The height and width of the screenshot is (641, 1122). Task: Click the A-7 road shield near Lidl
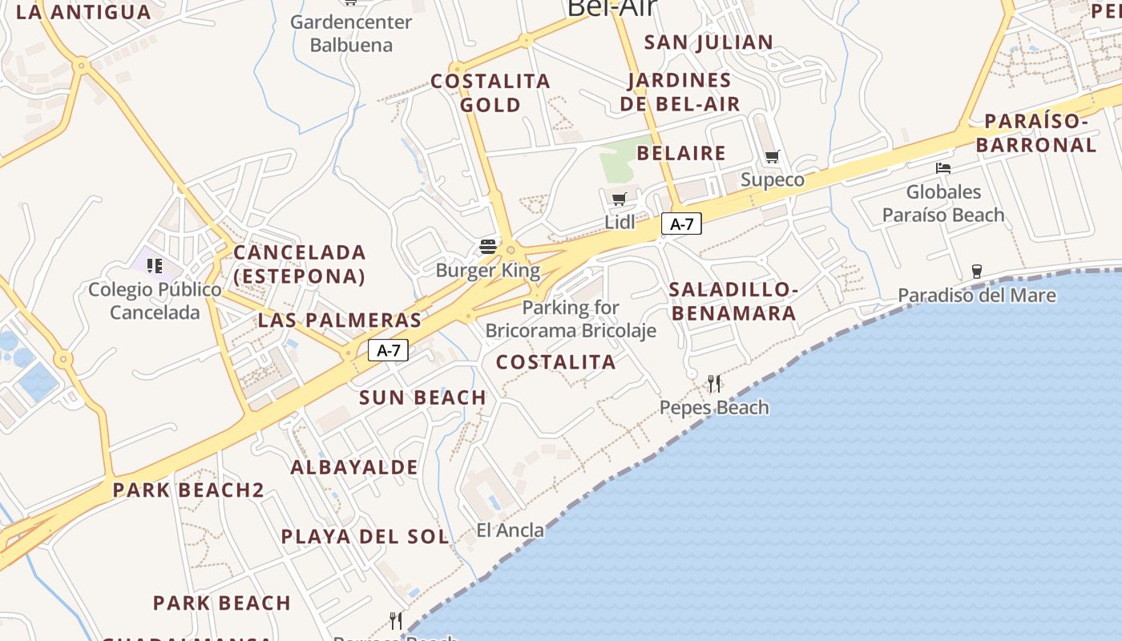coord(681,224)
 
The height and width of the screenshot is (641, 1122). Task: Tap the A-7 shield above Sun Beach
coord(389,350)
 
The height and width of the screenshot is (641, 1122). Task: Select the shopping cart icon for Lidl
coord(619,199)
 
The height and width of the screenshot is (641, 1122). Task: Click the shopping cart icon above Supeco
coord(772,156)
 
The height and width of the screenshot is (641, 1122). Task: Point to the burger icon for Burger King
coord(487,246)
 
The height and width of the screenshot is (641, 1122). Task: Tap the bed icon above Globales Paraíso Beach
coord(943,168)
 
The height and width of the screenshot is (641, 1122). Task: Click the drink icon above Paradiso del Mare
coord(976,272)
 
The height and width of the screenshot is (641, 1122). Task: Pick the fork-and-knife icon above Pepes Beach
coord(714,384)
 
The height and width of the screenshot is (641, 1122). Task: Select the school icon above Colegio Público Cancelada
coord(155,265)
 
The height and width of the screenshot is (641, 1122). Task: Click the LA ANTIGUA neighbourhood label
coord(83,12)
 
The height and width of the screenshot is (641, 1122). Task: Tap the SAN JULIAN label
coord(708,42)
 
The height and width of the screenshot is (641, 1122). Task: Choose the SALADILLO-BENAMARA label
coord(733,300)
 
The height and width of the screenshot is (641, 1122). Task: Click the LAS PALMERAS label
coord(339,320)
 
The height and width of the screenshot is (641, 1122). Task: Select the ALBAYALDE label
coord(354,467)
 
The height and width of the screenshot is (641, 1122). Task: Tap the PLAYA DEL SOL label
coord(365,536)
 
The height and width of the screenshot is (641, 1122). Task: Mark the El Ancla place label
coord(510,530)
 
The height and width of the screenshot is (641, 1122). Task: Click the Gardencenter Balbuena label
coord(351,33)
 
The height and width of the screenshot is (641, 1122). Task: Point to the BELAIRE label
coord(680,153)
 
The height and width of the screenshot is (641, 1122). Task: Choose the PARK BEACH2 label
coord(188,490)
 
